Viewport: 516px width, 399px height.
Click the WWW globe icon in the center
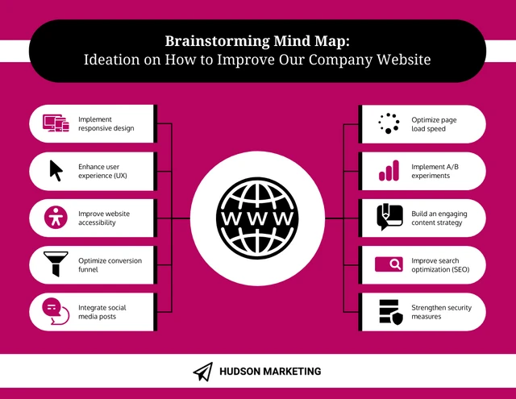coord(257,218)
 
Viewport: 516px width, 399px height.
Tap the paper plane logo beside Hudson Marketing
coord(203,372)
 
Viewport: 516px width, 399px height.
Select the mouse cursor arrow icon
coord(56,171)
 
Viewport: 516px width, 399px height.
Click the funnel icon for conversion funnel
coord(56,264)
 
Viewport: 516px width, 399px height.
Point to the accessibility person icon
coord(56,218)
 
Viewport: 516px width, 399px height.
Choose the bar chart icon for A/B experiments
coord(389,170)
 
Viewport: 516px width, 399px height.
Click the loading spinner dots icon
coord(389,123)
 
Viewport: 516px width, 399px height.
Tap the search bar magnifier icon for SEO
coord(389,264)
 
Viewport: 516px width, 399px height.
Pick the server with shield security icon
coord(391,312)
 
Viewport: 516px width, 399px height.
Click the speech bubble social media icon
coord(56,311)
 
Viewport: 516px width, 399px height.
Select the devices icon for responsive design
coord(56,123)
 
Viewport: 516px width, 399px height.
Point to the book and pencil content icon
coord(389,217)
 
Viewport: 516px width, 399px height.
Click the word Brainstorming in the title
coord(217,41)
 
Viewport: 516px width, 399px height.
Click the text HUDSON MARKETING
coord(270,372)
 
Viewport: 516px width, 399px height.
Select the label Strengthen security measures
coord(441,312)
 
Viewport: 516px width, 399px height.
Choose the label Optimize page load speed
coord(434,124)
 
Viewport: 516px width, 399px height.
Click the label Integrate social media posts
coord(102,312)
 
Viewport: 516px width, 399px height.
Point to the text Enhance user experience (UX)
coord(102,171)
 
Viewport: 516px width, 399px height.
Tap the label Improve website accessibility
coord(104,218)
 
